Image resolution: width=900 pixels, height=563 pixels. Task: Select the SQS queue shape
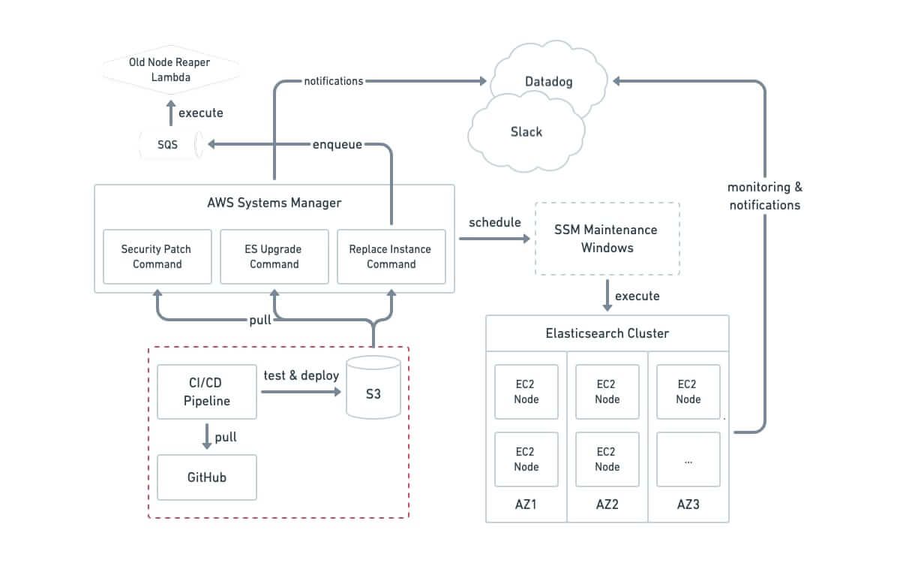coord(169,145)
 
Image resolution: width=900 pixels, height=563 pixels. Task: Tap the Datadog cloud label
coord(549,82)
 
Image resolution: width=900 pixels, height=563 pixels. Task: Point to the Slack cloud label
coord(526,131)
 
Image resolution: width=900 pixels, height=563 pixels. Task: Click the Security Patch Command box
coord(157,257)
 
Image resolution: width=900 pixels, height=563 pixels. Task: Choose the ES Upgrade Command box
coord(274,257)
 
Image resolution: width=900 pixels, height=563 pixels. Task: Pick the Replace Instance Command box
coord(391,257)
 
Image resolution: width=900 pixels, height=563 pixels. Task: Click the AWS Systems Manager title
coord(274,203)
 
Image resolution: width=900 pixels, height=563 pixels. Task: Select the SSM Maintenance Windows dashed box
coord(607,239)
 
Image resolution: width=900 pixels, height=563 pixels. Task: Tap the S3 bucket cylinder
coord(373,388)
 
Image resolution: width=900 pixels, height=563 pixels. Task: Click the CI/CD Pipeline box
coord(207,392)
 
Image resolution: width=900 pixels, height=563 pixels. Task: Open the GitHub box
coord(207,477)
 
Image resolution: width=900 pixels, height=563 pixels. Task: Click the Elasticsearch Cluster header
coord(607,333)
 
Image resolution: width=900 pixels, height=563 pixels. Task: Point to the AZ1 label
coord(526,504)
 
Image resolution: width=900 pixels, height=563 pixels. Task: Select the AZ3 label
coord(688,504)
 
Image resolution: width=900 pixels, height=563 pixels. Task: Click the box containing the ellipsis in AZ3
coord(688,459)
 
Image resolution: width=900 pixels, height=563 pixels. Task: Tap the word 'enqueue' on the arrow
coord(337,144)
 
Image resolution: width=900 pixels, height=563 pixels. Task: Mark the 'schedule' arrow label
coord(495,223)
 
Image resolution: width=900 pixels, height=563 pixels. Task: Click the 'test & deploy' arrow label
coord(301,375)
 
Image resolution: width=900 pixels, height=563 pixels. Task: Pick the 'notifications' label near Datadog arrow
coord(334,80)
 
